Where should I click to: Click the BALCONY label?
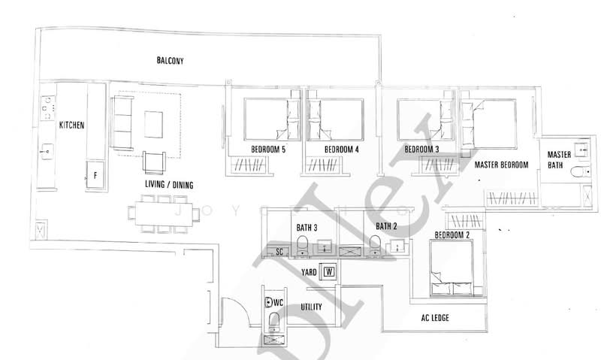(171, 61)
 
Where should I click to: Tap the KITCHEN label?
(72, 126)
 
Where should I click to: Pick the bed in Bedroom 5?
(267, 119)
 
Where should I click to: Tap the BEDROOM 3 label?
(421, 149)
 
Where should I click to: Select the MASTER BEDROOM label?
(501, 165)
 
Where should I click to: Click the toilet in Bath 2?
(373, 244)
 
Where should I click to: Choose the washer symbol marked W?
(328, 271)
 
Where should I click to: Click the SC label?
(279, 251)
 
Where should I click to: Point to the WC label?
(278, 302)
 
